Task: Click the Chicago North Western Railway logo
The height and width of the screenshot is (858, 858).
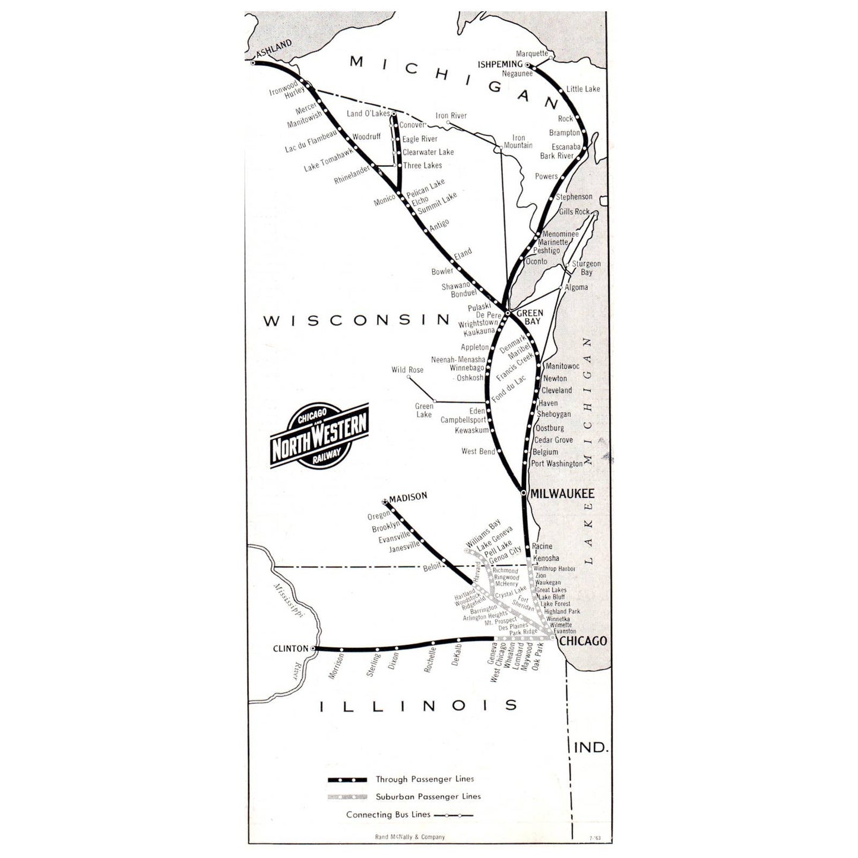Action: (319, 436)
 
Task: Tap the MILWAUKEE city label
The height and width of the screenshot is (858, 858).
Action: (561, 493)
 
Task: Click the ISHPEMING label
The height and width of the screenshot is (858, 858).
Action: (500, 64)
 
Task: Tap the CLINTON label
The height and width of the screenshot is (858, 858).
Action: (290, 648)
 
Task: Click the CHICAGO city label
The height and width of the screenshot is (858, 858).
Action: (583, 641)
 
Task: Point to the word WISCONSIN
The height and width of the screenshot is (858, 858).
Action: (357, 321)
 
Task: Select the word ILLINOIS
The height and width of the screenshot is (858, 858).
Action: (419, 705)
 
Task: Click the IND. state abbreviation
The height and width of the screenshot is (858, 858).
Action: (591, 747)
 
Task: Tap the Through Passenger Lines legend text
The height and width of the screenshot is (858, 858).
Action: (425, 779)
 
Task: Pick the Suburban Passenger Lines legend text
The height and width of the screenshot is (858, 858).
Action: (428, 796)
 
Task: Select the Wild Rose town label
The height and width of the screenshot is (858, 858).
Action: (407, 370)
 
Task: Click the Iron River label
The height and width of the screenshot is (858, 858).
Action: (451, 116)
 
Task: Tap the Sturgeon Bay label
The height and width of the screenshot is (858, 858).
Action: (586, 268)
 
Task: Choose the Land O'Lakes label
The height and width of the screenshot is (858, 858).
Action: (368, 113)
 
